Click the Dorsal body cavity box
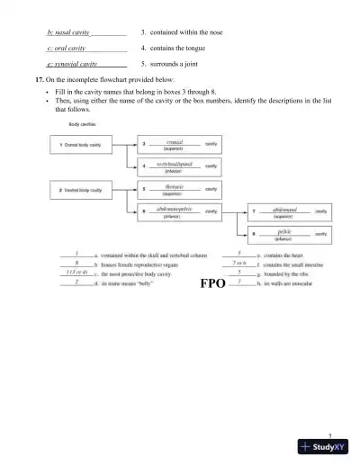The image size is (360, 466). (x=80, y=145)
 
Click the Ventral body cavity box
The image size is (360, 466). (x=80, y=191)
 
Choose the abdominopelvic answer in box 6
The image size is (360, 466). (x=175, y=210)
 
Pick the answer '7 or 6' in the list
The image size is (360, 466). (x=239, y=263)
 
